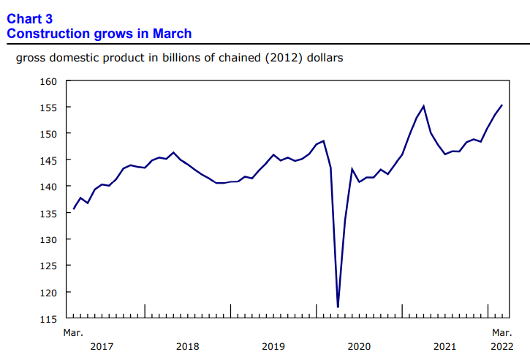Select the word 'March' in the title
[x=173, y=34]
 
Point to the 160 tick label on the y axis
[x=49, y=81]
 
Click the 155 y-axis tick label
[x=49, y=108]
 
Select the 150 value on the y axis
[x=49, y=134]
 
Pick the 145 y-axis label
[x=49, y=160]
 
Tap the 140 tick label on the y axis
[x=49, y=187]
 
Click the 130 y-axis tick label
[x=49, y=239]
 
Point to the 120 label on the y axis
[x=49, y=292]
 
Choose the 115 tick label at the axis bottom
[x=49, y=318]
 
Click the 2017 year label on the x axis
[x=102, y=346]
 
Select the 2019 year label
[x=273, y=346]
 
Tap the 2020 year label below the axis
[x=359, y=346]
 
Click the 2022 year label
[x=501, y=346]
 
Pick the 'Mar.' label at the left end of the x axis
[x=72, y=333]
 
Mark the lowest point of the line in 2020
[x=338, y=307]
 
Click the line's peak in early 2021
[x=423, y=106]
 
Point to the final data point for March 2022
[x=501, y=105]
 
